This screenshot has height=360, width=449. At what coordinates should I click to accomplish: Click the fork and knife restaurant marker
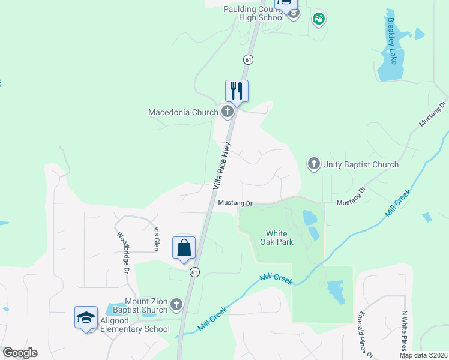[x=237, y=91]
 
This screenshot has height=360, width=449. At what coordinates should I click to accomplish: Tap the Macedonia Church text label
[x=183, y=112]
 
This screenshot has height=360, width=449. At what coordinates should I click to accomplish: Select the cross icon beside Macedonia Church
[x=227, y=111]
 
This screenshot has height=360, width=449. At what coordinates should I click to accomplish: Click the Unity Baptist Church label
[x=360, y=164]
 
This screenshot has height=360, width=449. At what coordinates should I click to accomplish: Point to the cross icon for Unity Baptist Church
[x=313, y=164]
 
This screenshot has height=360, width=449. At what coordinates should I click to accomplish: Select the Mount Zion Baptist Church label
[x=146, y=305]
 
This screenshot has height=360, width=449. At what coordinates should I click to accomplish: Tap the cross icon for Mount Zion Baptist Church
[x=176, y=305]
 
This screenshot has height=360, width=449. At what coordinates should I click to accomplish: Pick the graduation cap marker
[x=86, y=317]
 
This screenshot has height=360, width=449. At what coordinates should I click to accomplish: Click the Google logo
[x=20, y=353]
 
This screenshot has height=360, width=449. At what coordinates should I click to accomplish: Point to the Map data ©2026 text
[x=423, y=355]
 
